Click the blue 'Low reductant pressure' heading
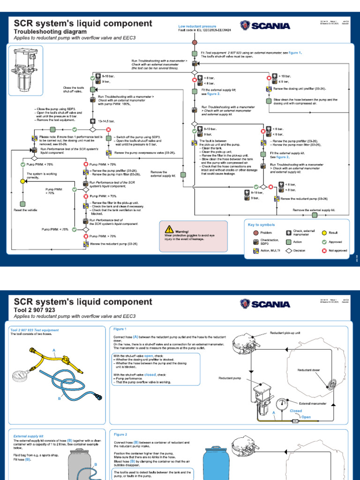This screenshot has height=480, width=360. [197, 27]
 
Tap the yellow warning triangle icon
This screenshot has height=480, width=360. [169, 229]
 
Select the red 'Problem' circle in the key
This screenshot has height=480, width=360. [255, 232]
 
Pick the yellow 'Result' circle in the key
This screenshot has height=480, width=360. [324, 232]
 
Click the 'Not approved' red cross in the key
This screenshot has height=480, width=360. [324, 251]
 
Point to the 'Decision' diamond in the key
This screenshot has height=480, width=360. [289, 251]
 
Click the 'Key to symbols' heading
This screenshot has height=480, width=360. [261, 225]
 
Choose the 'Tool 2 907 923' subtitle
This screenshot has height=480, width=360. [35, 310]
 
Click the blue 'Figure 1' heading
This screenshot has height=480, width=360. [120, 329]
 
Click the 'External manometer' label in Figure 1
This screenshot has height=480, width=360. [313, 403]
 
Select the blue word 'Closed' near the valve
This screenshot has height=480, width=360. [296, 411]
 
